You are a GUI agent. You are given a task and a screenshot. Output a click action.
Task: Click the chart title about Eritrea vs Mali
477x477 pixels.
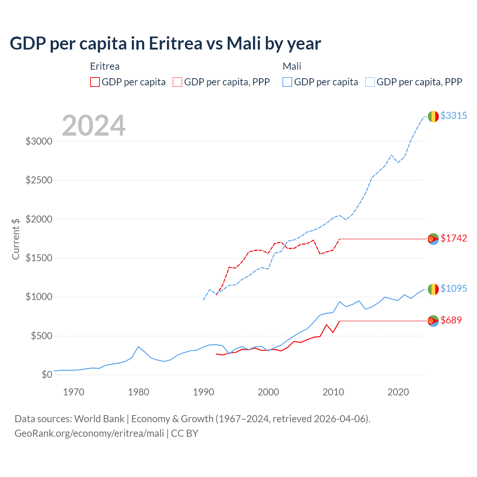165,44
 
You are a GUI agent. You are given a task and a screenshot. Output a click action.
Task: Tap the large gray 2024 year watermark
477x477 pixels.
94,126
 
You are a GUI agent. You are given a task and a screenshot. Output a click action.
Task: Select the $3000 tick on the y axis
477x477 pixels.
39,142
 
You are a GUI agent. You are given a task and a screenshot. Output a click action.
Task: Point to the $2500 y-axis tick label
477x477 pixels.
39,180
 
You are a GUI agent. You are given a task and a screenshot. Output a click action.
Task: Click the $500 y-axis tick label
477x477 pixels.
41,336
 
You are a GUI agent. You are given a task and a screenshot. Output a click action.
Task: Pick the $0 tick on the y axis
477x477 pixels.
47,375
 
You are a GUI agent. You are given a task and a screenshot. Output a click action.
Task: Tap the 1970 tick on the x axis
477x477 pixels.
73,392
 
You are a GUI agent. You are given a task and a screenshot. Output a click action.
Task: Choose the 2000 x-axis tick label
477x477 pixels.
268,392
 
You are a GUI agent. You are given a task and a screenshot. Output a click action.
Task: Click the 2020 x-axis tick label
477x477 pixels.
398,392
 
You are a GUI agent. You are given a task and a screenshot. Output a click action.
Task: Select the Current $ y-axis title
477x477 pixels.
16,239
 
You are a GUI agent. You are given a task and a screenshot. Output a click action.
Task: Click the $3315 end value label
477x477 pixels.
454,116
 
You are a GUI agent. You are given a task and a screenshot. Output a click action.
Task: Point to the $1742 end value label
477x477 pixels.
454,238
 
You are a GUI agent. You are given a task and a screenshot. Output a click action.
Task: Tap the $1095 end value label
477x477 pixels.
454,289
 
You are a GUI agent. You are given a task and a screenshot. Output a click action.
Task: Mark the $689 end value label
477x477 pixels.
451,320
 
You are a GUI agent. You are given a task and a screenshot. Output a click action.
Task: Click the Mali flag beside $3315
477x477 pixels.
433,116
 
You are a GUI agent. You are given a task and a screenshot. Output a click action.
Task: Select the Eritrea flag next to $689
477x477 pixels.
433,321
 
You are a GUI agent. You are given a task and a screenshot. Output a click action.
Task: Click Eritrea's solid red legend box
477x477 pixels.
95,82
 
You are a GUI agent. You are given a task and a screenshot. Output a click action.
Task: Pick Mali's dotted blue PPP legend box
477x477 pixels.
370,82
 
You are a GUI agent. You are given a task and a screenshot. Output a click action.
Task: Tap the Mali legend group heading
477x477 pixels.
292,66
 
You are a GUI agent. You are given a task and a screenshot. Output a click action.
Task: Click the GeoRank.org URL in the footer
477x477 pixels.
89,433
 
